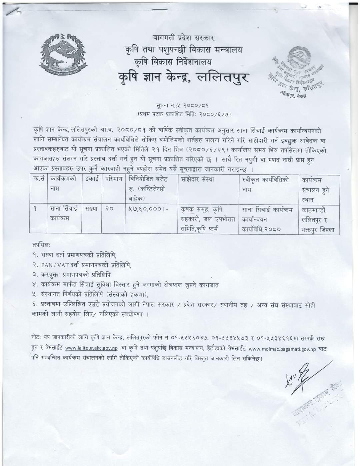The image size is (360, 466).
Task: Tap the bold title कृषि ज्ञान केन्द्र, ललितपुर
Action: click(185, 78)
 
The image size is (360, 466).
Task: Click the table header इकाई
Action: click(91, 179)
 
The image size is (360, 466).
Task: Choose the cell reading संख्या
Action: click(91, 209)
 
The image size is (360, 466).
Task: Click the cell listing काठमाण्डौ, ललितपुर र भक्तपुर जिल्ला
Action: click(319, 219)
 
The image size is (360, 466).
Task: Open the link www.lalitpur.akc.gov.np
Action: click(92, 348)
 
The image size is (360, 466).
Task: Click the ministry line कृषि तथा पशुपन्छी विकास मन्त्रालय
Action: click(182, 50)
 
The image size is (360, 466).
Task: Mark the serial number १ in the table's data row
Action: click(35, 209)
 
